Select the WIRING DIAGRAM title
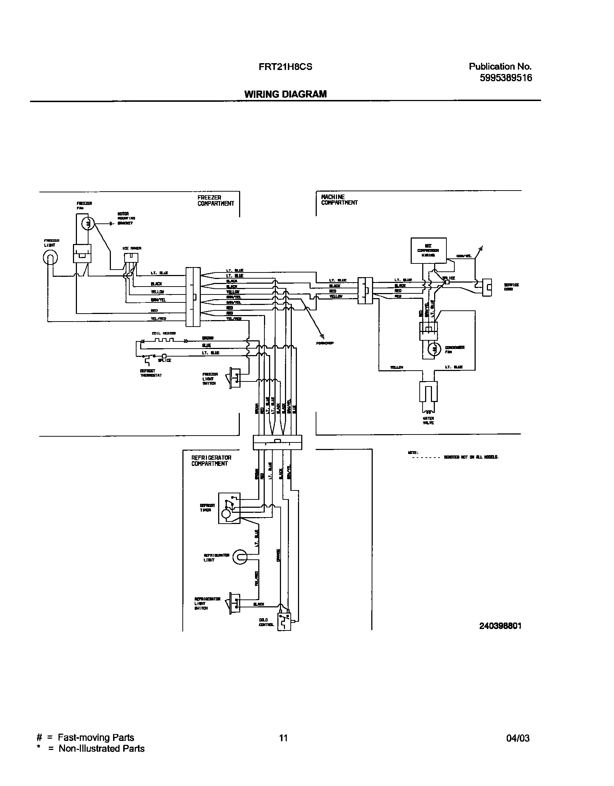[285, 94]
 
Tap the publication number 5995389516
[506, 78]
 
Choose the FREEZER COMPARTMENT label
[216, 201]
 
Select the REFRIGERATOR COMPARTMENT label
[211, 460]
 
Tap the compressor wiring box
[428, 250]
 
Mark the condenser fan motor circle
[434, 349]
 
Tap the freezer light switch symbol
[235, 378]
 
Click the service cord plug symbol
[487, 287]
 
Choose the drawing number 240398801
[500, 626]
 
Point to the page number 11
[284, 738]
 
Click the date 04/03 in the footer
[518, 738]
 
